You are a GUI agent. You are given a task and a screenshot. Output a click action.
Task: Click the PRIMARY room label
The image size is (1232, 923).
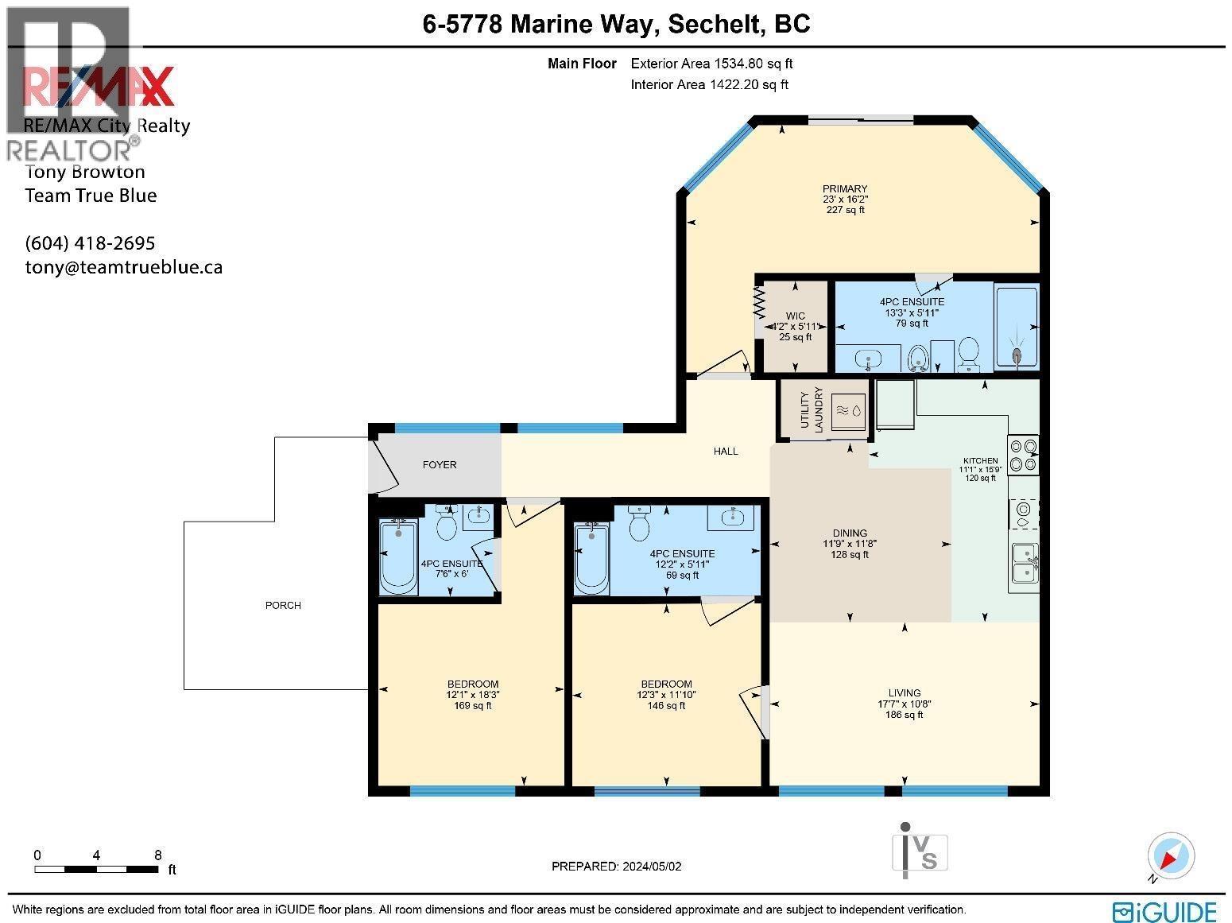click(x=845, y=189)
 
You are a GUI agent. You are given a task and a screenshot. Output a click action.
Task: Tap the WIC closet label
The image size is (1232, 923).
click(x=796, y=316)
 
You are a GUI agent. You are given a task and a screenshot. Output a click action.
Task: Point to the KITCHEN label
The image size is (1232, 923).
click(x=980, y=460)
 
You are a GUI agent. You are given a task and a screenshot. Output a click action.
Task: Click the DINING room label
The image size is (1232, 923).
click(x=850, y=533)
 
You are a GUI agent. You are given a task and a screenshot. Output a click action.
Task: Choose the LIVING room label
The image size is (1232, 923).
click(x=905, y=693)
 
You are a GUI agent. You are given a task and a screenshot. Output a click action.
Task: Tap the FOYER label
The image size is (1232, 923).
click(x=440, y=465)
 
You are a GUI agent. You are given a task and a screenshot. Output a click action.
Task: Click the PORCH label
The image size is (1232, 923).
click(x=283, y=606)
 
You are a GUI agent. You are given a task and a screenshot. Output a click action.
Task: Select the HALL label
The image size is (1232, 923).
click(x=726, y=452)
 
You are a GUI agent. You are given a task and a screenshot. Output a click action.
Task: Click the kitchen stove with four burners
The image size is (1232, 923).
click(x=1023, y=456)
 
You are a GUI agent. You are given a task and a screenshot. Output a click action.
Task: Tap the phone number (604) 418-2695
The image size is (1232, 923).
click(x=90, y=243)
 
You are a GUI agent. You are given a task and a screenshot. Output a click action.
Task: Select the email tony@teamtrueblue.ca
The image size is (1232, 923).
click(x=124, y=267)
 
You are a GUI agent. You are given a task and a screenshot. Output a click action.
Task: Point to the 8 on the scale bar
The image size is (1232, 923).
click(x=158, y=855)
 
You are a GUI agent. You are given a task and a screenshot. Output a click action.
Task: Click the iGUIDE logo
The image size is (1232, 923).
click(x=1164, y=911)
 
